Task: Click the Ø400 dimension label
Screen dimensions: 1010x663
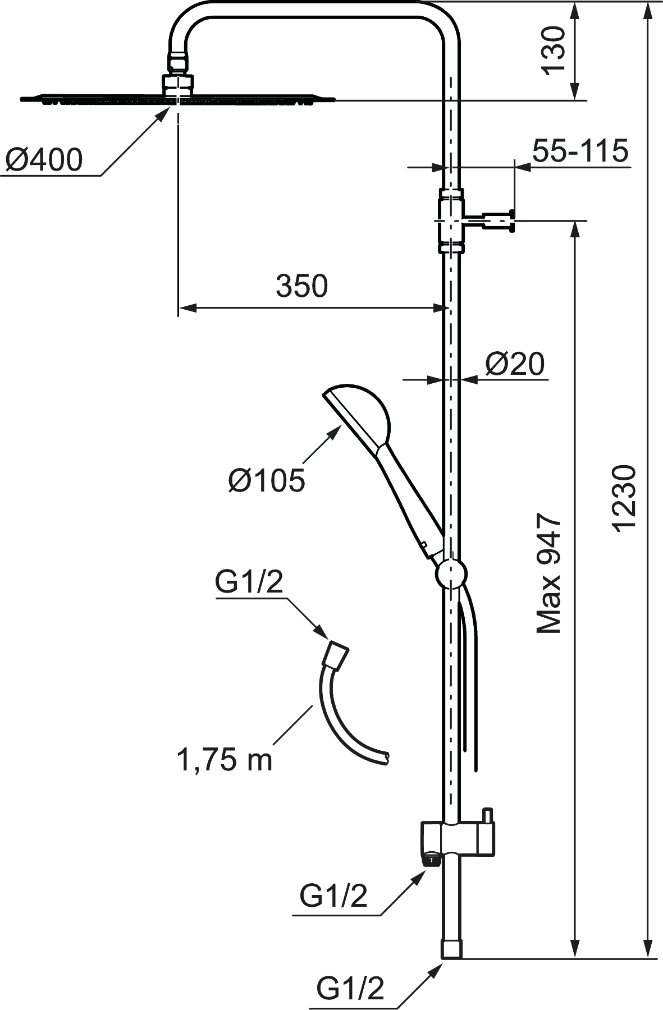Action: (x=44, y=160)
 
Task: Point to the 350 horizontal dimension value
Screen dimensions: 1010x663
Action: (x=301, y=286)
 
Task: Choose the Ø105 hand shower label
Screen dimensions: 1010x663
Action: (x=267, y=480)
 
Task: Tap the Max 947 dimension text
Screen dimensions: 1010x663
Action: (x=549, y=573)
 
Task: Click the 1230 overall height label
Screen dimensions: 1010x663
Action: (x=624, y=497)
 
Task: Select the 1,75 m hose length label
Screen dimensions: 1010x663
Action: (x=225, y=760)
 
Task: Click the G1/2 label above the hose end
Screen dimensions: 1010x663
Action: (x=249, y=583)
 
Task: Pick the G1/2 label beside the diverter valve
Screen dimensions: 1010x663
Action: (x=333, y=896)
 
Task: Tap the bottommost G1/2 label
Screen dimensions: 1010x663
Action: (x=350, y=989)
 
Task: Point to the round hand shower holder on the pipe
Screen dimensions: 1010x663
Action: (x=451, y=573)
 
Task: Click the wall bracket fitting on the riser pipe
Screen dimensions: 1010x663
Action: (x=452, y=221)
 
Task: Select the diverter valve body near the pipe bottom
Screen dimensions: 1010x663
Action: (x=458, y=839)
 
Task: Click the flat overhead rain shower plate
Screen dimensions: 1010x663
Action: (x=177, y=100)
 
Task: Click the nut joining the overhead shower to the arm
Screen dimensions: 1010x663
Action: (x=179, y=84)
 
